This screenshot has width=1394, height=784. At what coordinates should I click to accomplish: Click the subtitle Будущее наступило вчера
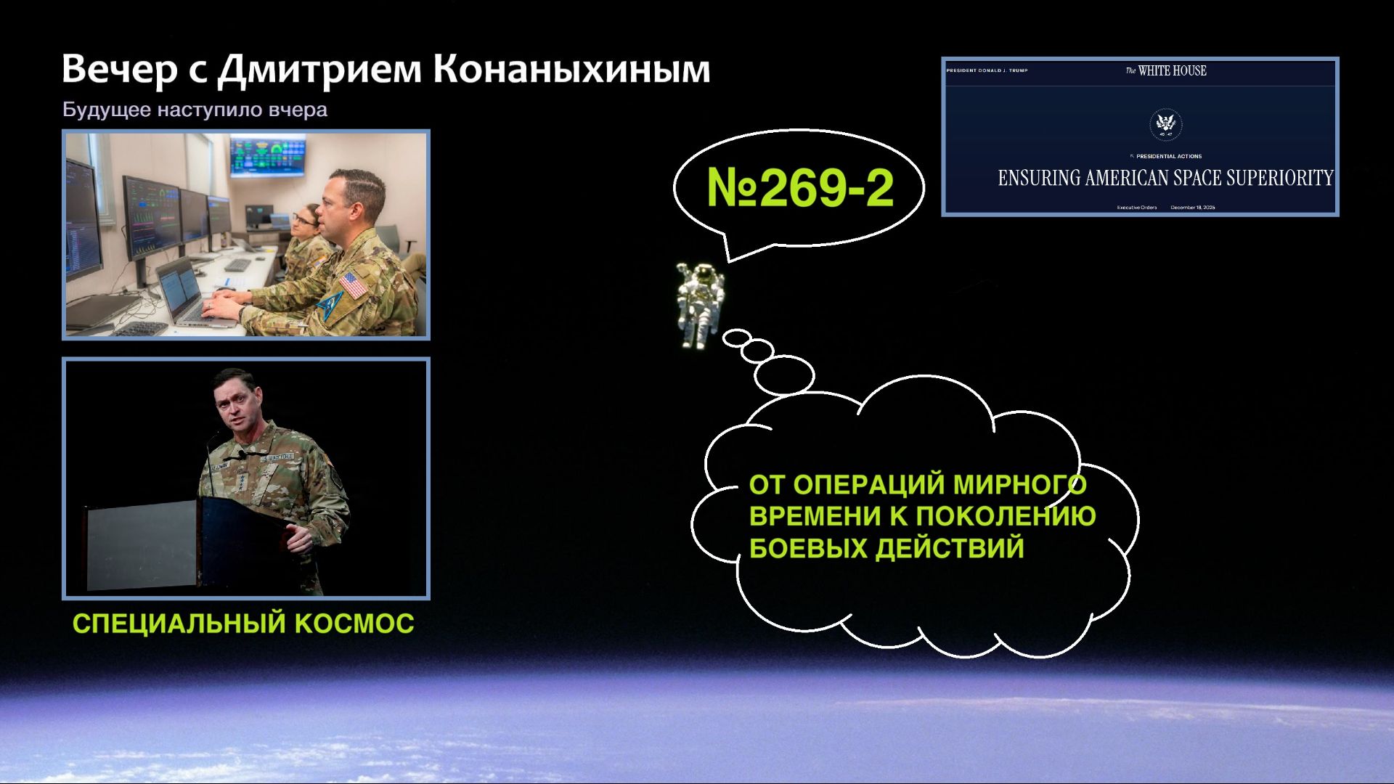(x=195, y=110)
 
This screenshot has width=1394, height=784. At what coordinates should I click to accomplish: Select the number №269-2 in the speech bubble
(x=799, y=187)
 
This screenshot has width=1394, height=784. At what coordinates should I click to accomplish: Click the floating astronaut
(x=700, y=303)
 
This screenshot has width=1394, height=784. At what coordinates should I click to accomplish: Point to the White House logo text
(x=1166, y=70)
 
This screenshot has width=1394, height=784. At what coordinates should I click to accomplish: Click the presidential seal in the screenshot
(x=1165, y=124)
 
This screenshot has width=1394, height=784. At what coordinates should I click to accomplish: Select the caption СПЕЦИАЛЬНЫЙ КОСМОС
(x=243, y=624)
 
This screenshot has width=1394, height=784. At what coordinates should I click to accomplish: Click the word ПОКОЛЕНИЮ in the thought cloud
(x=1006, y=516)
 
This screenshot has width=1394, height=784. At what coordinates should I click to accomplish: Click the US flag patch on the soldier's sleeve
(x=353, y=285)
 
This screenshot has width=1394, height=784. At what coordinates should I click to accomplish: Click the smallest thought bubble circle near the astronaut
(x=736, y=337)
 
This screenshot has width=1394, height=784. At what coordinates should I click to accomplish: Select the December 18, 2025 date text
(x=1192, y=208)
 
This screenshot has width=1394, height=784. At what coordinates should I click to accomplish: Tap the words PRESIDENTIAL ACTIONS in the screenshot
(x=1168, y=156)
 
